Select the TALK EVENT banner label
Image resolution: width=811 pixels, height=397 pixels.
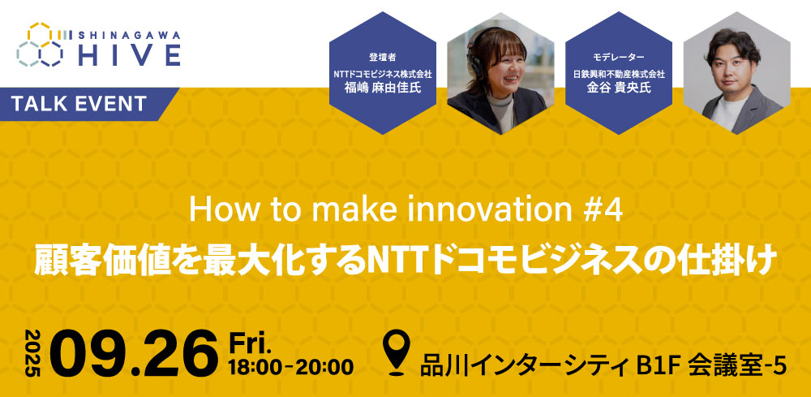(79, 104)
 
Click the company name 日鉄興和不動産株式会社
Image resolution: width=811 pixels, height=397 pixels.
(618, 74)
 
